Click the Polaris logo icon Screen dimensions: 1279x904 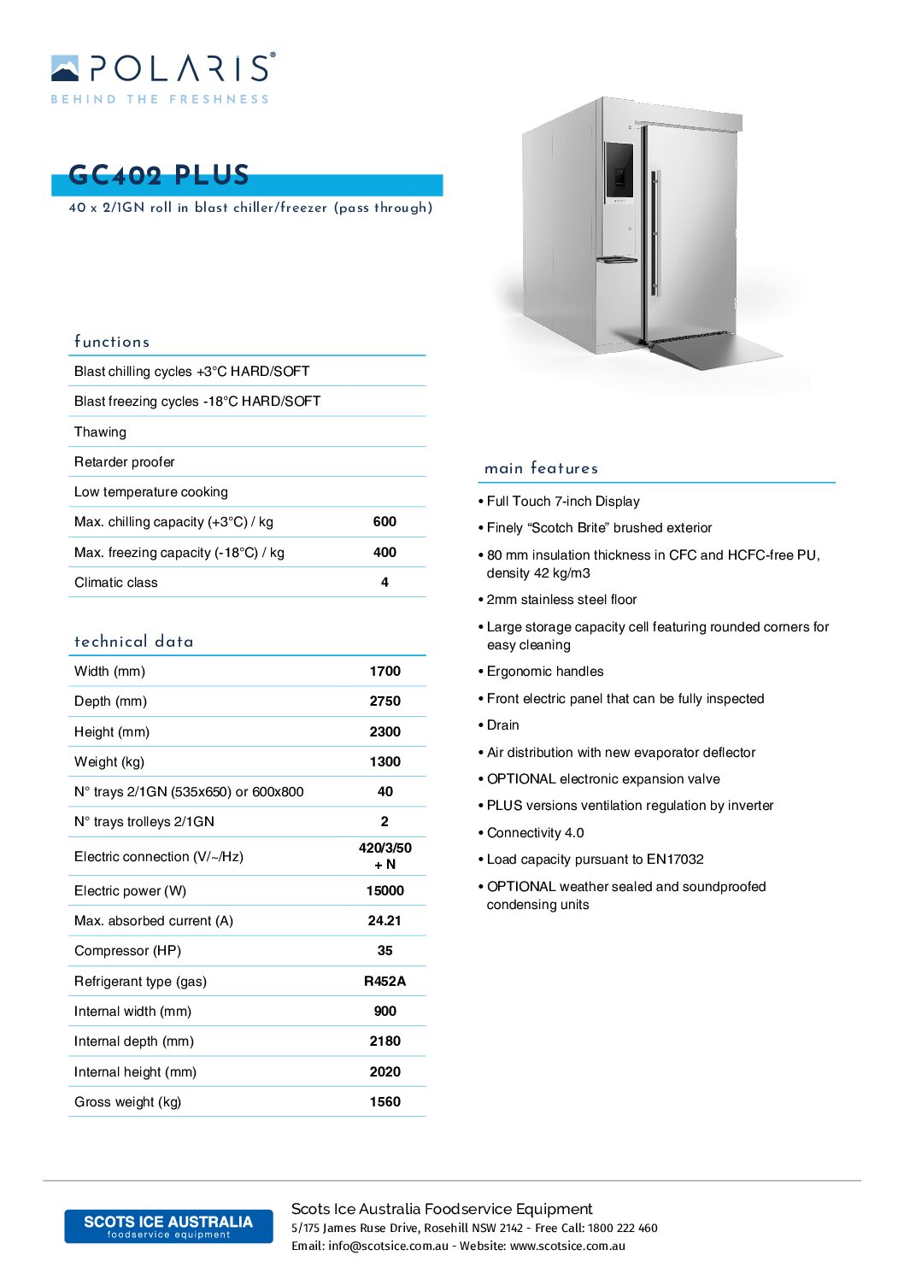tap(65, 68)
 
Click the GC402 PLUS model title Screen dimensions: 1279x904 tap(159, 175)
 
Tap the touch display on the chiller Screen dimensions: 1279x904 tap(619, 170)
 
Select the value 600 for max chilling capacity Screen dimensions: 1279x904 tap(384, 522)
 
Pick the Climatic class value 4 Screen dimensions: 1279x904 tap(384, 583)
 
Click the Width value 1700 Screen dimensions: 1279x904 tap(384, 672)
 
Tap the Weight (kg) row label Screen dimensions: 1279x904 tap(109, 762)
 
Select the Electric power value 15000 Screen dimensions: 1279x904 tap(384, 891)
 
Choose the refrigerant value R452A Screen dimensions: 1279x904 tap(384, 982)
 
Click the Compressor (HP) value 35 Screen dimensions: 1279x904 tap(384, 951)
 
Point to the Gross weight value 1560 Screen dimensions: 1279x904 tap(384, 1102)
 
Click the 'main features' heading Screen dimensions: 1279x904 tap(541, 468)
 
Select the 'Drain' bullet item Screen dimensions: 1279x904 tap(502, 725)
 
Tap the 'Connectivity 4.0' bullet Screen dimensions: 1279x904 tap(535, 833)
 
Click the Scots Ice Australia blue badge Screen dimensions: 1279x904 tap(168, 1226)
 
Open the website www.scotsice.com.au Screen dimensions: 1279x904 tap(567, 1247)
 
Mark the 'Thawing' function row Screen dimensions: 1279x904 tap(100, 432)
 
